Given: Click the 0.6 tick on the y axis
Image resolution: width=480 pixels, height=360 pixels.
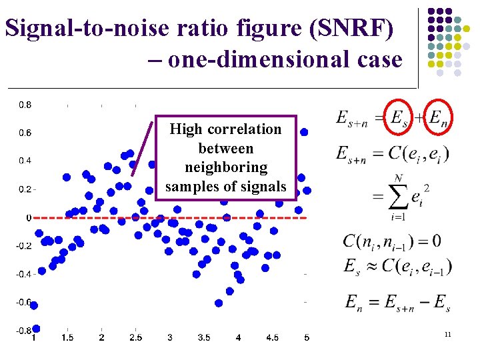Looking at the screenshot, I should pyautogui.click(x=24, y=133).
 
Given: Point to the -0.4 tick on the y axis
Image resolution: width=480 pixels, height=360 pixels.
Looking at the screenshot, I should pyautogui.click(x=24, y=274).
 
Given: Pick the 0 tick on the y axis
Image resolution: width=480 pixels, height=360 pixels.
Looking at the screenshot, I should pyautogui.click(x=28, y=217).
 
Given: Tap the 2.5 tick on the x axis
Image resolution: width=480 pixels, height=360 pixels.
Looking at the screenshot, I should pyautogui.click(x=135, y=338).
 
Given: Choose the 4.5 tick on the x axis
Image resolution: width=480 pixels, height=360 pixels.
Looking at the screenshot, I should pyautogui.click(x=272, y=338).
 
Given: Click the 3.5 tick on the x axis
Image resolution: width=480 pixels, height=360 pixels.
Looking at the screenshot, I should pyautogui.click(x=204, y=338).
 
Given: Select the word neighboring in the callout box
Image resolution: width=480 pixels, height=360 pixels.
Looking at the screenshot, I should pyautogui.click(x=226, y=167).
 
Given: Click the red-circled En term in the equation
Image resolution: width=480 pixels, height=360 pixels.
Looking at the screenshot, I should pyautogui.click(x=437, y=119).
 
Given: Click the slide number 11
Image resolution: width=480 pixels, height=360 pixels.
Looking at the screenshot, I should pyautogui.click(x=447, y=333).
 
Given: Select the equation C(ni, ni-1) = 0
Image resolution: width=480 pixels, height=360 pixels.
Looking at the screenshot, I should pyautogui.click(x=391, y=241).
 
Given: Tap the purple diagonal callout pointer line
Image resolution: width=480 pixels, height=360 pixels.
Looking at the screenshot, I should pyautogui.click(x=142, y=149).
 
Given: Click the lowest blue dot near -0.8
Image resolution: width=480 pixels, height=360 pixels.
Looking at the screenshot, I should pyautogui.click(x=36, y=328).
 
